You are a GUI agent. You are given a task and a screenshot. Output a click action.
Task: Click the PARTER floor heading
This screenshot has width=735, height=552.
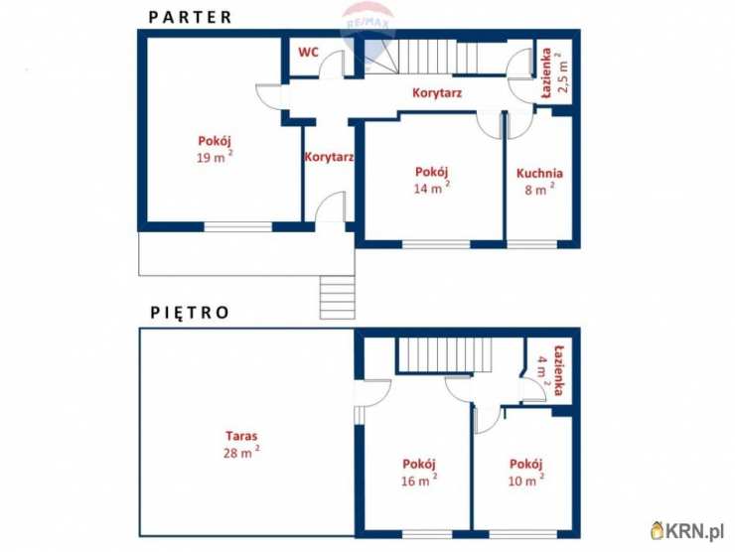pos(190,17)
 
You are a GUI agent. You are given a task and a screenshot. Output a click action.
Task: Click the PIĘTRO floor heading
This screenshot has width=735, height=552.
pos(190,312)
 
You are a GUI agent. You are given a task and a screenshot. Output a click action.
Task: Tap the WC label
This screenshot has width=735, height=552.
pos(308,52)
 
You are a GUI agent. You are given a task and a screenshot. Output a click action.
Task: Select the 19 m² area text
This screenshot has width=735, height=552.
pos(215,157)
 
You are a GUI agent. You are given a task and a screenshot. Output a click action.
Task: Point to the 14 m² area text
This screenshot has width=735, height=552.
pos(432,188)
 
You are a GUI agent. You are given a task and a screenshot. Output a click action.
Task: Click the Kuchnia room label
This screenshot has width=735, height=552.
pos(539,174)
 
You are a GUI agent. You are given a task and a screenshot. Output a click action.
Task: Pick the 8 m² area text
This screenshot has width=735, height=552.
pos(539,190)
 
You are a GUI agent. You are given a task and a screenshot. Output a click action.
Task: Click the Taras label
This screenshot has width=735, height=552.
pos(241,436)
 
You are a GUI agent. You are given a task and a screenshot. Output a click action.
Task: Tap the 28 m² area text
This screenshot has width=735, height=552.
pos(241,452)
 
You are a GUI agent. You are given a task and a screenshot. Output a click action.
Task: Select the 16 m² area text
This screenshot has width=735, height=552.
pos(419,481)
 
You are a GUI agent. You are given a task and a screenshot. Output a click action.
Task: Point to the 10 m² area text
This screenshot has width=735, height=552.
pos(526,481)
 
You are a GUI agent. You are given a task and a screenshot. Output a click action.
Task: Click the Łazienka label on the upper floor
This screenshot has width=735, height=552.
pos(558,370)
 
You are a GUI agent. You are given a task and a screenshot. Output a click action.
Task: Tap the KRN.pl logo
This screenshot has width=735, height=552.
pos(687,530)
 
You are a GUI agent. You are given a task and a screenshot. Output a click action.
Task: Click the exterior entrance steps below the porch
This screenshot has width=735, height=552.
pos(337,297)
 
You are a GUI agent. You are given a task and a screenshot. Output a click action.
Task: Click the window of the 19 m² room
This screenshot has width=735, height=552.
pos(237,226)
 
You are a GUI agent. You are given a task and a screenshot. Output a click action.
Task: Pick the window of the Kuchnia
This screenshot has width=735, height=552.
pos(531,244)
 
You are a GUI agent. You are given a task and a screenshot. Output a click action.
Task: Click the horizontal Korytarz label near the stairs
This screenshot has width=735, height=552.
pos(437,92)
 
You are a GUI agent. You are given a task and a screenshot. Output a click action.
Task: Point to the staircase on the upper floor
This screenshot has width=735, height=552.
pos(444,354)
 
